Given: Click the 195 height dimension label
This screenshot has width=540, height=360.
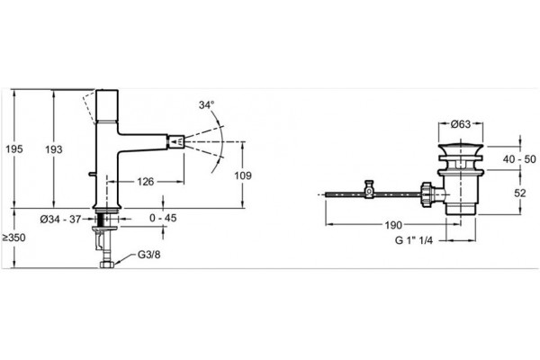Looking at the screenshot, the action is click(14, 148).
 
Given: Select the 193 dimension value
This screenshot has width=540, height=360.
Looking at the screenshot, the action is click(54, 149).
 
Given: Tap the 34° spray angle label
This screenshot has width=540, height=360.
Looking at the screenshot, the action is click(206, 104).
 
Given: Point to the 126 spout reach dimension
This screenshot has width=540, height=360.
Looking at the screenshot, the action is click(145, 182).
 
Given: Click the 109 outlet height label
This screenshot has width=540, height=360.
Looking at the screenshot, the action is click(243, 175).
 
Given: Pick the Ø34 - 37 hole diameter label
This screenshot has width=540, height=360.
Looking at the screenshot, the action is click(60, 219).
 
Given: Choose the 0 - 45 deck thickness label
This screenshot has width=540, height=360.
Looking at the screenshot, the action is click(163, 218).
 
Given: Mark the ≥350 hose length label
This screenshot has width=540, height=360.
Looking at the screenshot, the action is click(13, 238).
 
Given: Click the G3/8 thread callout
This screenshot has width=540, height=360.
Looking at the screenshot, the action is click(149, 255).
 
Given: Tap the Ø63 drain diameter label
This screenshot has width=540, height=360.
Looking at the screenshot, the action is click(461, 124).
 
